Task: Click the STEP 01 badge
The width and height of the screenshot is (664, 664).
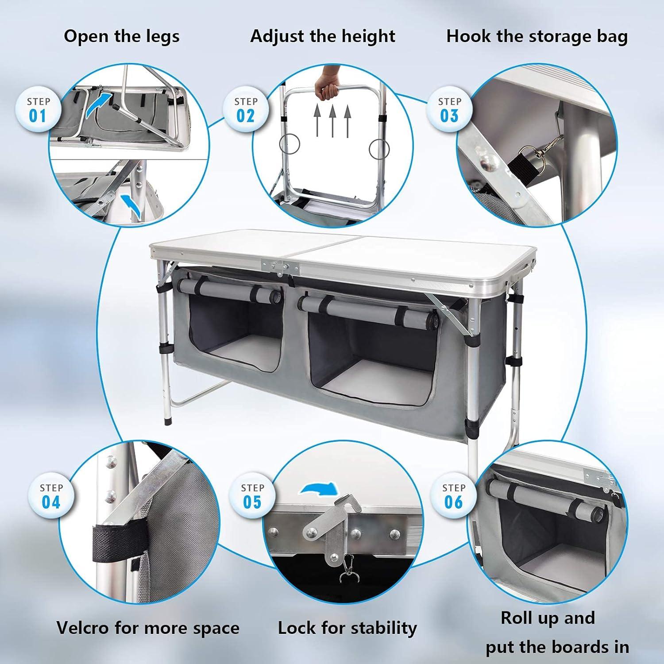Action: pos(38,110)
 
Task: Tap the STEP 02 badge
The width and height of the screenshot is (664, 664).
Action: pos(246,110)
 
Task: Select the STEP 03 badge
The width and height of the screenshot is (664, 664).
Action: pos(449,110)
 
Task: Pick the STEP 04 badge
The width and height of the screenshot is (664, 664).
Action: pos(51,496)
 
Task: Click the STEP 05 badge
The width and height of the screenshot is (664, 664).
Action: pos(252,496)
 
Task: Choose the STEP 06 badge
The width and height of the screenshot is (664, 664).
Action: pos(454,496)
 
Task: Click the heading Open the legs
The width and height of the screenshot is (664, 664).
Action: pos(122,36)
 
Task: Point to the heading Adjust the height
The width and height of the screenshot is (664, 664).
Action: pos(323,36)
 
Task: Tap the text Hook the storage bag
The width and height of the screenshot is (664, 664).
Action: pos(537,36)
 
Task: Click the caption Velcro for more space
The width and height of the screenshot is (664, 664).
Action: pos(148,628)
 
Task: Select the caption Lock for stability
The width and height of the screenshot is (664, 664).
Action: pos(347,628)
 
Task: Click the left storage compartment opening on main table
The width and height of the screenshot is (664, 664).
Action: pos(235,336)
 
